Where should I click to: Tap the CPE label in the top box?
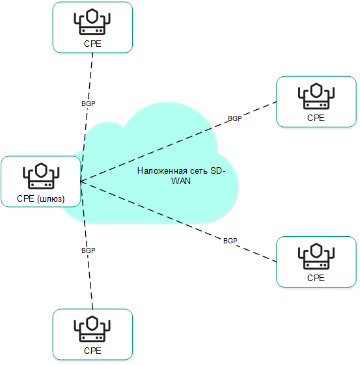(92, 43)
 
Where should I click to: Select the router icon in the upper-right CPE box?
(316, 96)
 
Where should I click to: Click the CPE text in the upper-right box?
(316, 118)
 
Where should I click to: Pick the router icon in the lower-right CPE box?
(316, 256)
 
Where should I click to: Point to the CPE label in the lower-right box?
(316, 278)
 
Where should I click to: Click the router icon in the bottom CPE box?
(92, 329)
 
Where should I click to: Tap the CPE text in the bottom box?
(92, 351)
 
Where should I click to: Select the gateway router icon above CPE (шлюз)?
(41, 175)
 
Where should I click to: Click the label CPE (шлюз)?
(41, 198)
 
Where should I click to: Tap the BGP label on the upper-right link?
(234, 119)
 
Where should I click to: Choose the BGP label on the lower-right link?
(230, 241)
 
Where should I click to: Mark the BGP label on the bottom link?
(89, 250)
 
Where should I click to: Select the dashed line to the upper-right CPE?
(176, 144)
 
